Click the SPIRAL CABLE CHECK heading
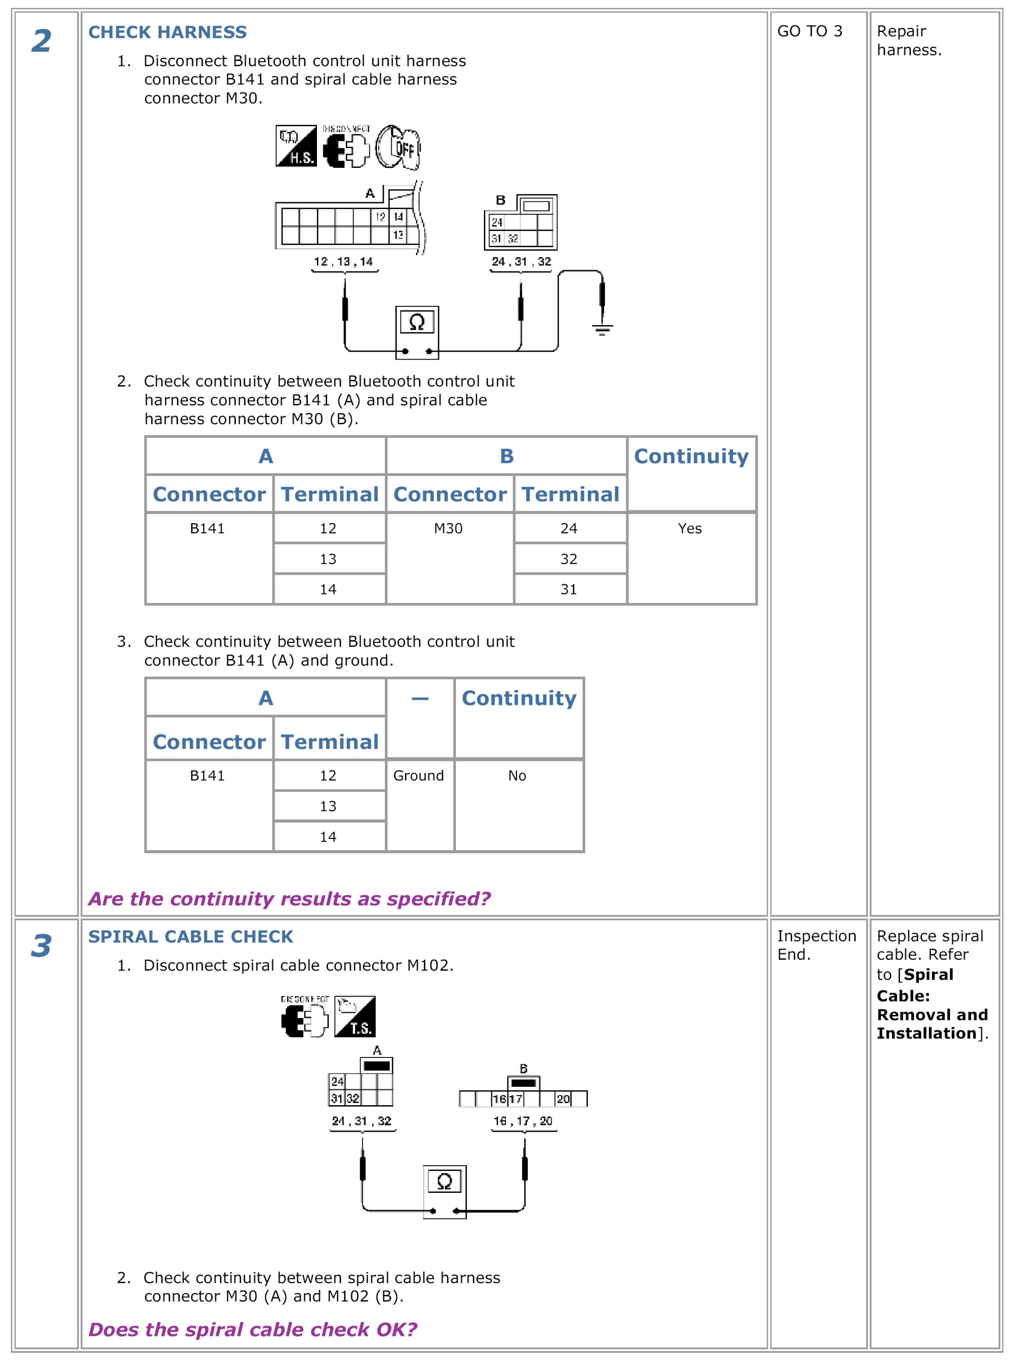190,936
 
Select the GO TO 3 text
810,31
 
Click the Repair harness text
909,40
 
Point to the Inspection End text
816,945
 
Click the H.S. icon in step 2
296,146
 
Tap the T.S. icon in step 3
355,1017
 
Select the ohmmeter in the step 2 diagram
417,332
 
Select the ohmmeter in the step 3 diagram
444,1191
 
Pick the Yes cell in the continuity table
690,528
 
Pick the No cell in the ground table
517,776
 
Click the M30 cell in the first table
448,528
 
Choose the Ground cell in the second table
419,776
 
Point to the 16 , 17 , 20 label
523,1120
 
